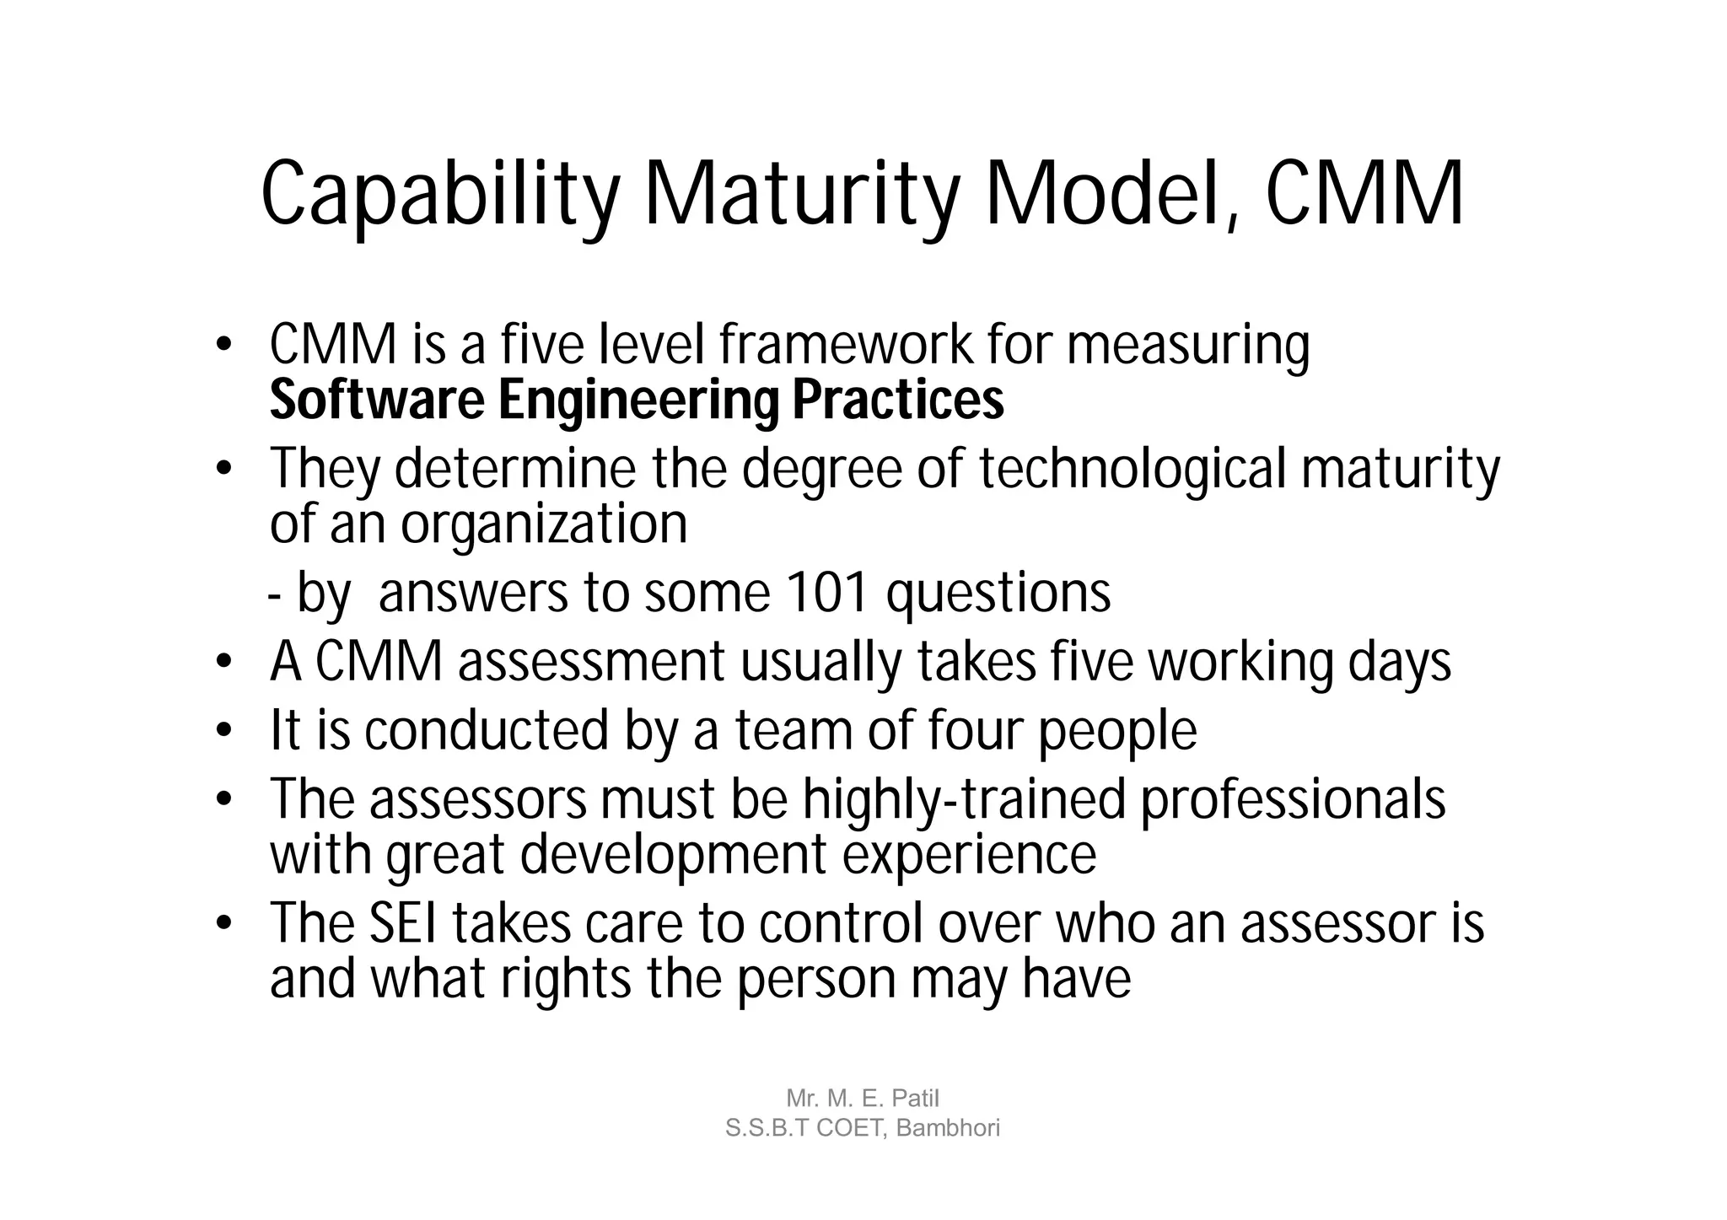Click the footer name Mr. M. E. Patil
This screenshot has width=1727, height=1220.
click(862, 1099)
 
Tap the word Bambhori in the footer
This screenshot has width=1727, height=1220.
click(948, 1128)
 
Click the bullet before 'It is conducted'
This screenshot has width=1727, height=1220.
click(223, 730)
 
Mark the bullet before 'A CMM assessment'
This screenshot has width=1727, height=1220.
click(223, 662)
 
